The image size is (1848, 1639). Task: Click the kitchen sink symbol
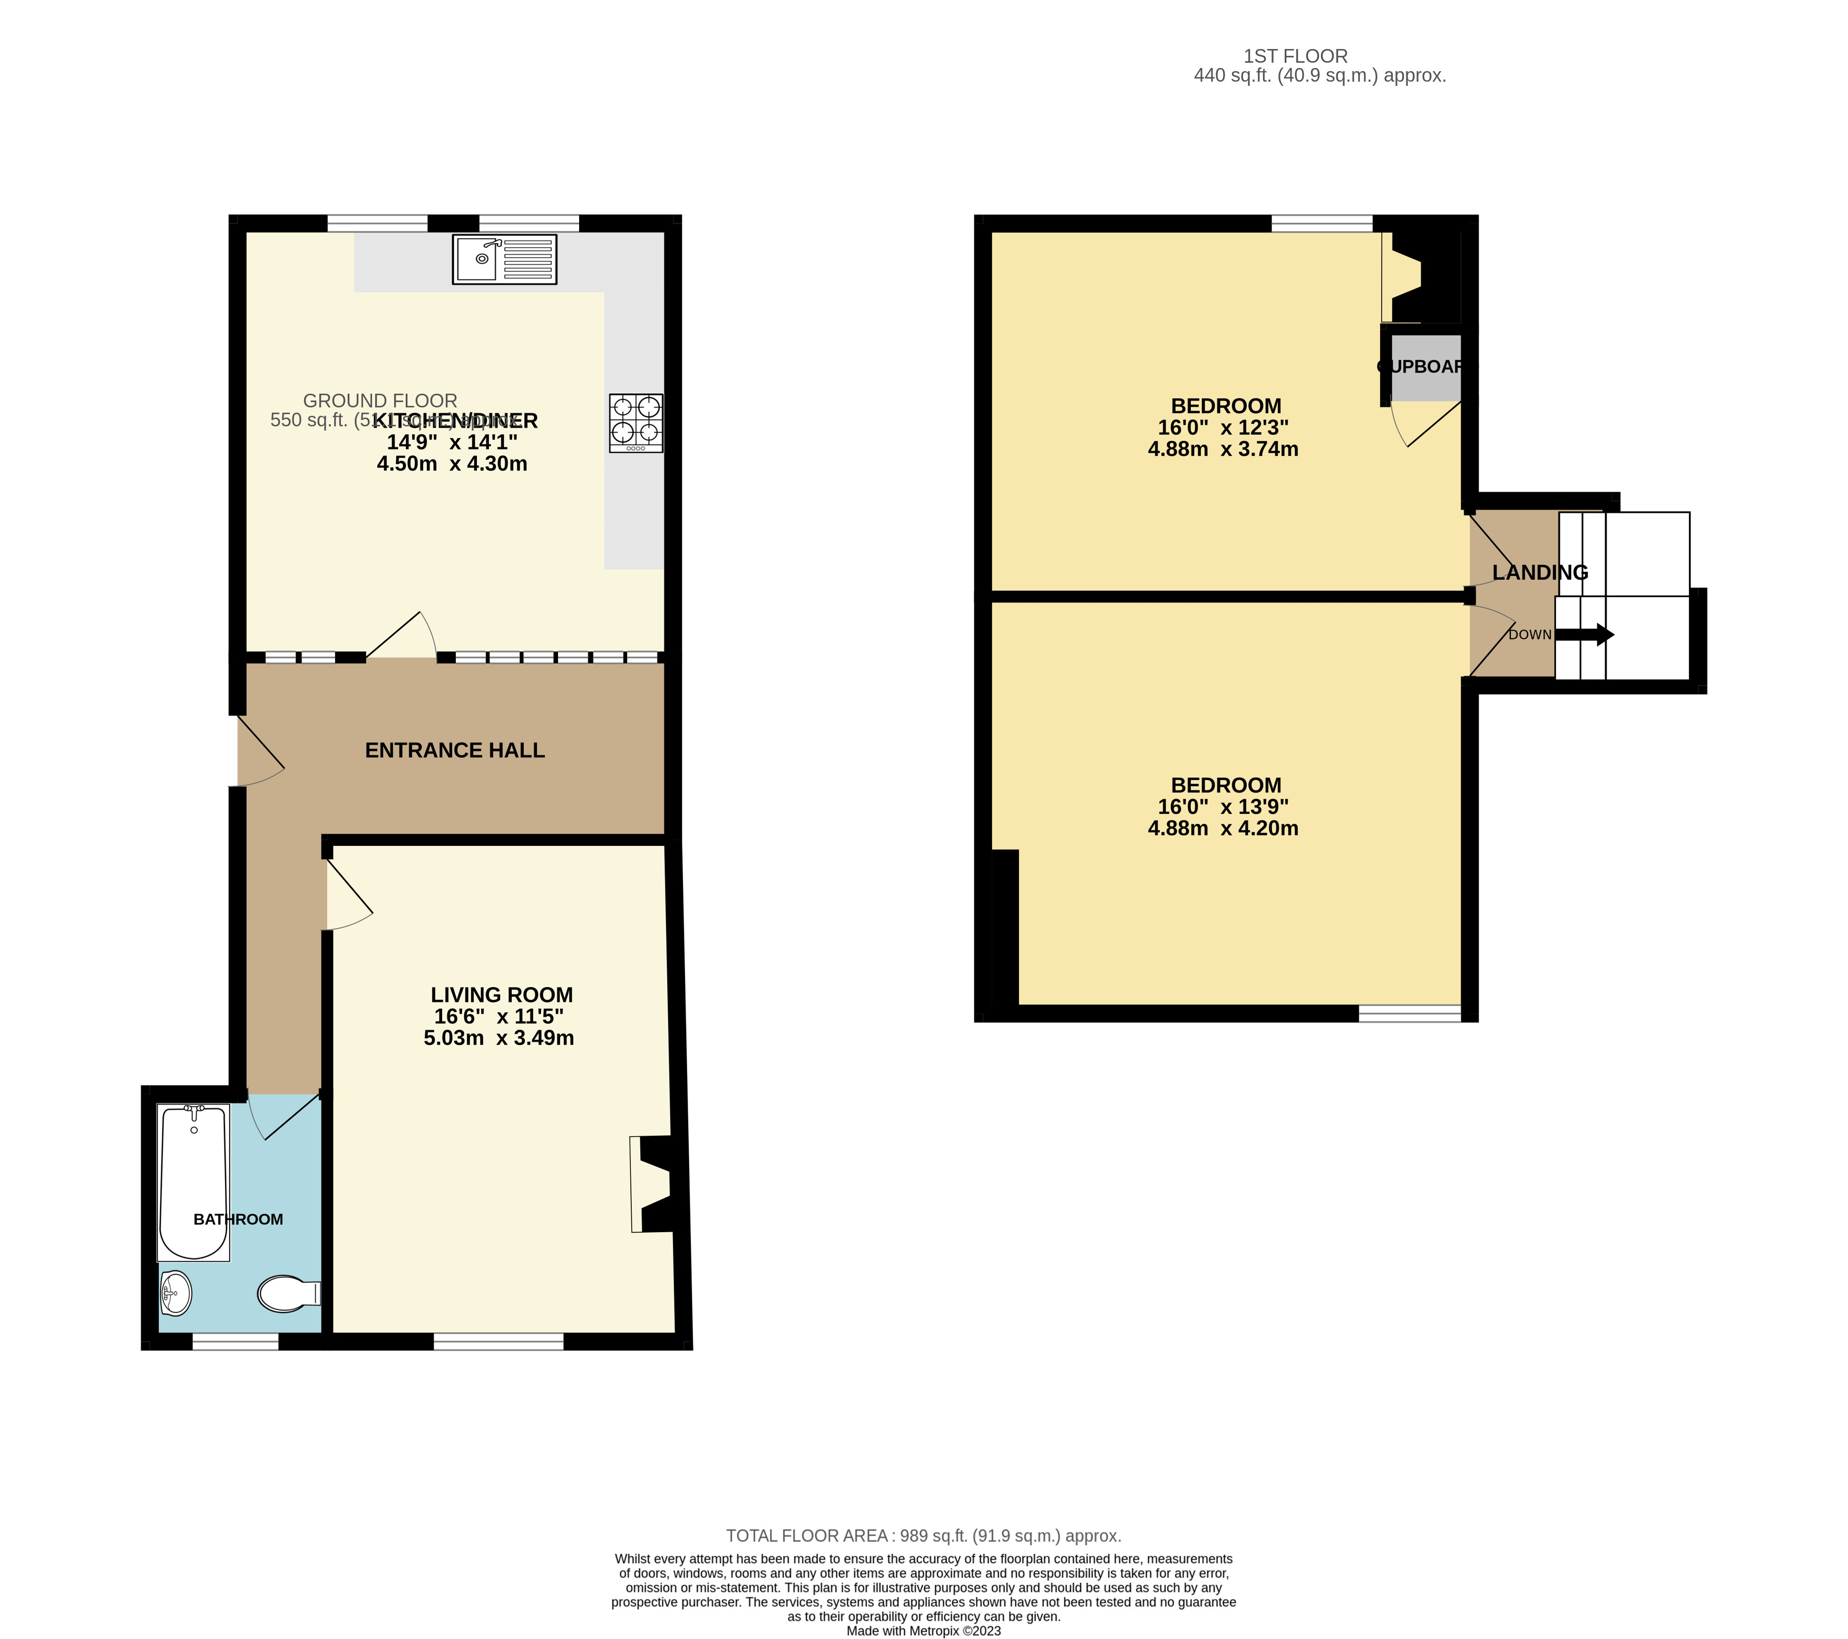tap(504, 259)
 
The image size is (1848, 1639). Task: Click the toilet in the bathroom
tap(288, 1294)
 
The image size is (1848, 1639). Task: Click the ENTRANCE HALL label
tap(455, 750)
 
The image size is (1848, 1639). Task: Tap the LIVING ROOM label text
tap(502, 994)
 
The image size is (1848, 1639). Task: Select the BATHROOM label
tap(238, 1220)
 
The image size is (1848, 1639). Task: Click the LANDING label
tap(1540, 572)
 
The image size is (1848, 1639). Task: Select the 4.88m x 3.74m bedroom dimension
tap(1223, 450)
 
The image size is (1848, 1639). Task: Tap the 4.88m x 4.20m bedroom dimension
tap(1223, 828)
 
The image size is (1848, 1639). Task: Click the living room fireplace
tap(653, 1184)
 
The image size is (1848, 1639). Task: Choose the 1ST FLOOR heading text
tap(1295, 56)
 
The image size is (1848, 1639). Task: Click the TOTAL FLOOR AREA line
tap(923, 1536)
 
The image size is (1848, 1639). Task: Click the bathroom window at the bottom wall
tap(236, 1342)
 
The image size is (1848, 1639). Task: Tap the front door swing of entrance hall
tap(259, 752)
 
